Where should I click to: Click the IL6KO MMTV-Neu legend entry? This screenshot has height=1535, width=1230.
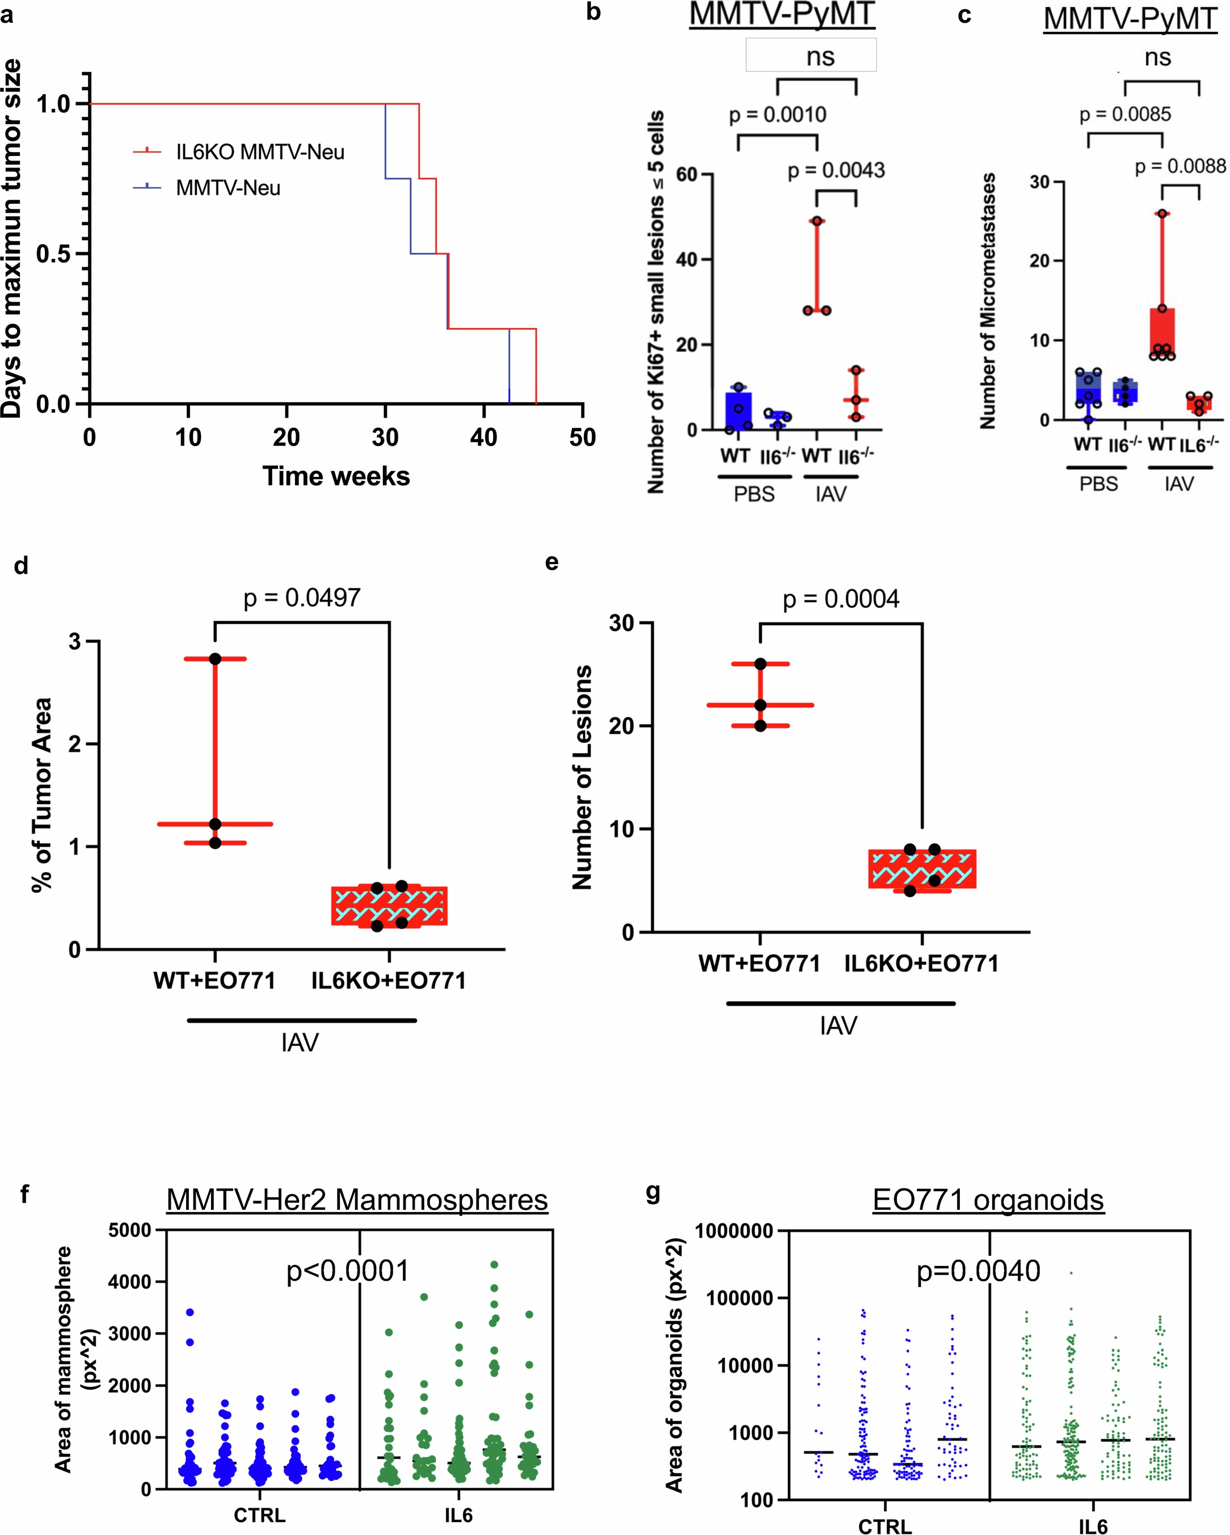tap(260, 152)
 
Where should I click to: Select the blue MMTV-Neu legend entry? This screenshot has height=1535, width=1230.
tap(228, 188)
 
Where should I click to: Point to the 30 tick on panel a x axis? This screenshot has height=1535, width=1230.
tap(385, 436)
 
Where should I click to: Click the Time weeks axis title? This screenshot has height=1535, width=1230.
tap(336, 476)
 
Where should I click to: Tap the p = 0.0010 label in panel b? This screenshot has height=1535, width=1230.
tap(777, 115)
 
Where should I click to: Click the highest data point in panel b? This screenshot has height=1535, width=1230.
tap(816, 221)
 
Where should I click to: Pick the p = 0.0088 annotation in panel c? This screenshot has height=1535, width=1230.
tap(1180, 167)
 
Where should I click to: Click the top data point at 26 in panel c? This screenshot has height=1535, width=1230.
tap(1162, 213)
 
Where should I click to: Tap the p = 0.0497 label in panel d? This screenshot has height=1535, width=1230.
tap(302, 598)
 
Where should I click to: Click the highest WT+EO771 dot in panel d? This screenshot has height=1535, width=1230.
tap(215, 659)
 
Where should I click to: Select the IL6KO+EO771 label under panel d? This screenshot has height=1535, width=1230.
tap(388, 981)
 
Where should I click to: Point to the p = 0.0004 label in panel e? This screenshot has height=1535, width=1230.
tap(841, 599)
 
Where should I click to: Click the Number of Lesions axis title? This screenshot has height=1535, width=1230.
tap(582, 777)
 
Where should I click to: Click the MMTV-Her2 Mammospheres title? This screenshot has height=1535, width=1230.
tap(357, 1200)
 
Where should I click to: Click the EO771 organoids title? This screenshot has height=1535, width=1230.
tap(988, 1200)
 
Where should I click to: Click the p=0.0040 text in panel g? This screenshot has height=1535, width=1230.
tap(978, 1271)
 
